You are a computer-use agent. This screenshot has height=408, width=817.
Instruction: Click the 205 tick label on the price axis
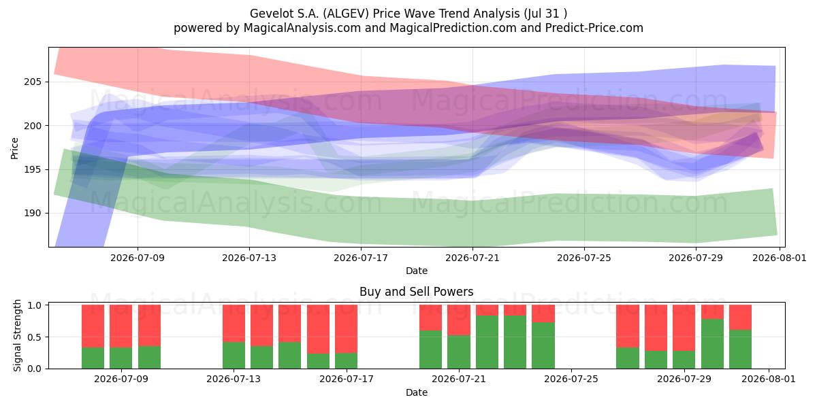(x=33, y=82)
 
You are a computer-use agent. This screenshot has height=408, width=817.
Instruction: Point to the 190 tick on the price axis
(x=33, y=213)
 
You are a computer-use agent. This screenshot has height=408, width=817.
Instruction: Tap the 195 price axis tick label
(x=33, y=169)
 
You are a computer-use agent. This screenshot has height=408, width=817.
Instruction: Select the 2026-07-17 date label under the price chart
(x=361, y=258)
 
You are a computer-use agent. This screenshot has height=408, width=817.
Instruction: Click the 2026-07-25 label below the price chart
(x=584, y=258)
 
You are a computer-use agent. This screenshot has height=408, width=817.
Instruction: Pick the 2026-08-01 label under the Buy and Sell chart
(x=769, y=379)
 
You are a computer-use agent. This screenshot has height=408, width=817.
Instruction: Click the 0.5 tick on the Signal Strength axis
(x=35, y=337)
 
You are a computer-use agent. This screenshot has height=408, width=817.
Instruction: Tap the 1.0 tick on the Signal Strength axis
(x=35, y=305)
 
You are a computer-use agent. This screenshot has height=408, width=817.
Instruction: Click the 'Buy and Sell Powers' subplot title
(x=417, y=292)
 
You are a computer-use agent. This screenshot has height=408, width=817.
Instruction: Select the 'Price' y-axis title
(x=14, y=148)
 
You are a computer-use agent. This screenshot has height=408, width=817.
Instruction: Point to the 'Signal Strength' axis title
(x=17, y=335)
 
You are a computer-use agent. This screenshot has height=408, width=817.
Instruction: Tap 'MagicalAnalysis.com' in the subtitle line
(x=302, y=28)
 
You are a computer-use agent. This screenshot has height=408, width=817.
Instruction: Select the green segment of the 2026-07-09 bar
(x=121, y=358)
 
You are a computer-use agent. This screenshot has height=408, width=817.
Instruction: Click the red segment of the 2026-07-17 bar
(x=346, y=329)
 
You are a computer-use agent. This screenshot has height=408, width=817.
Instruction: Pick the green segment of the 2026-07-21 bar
(x=459, y=352)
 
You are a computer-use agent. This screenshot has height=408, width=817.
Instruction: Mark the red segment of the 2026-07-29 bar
(x=684, y=328)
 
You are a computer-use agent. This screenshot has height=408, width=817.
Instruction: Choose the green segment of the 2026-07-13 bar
(x=234, y=355)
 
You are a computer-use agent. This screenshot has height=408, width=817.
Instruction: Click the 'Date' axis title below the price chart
(x=417, y=271)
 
